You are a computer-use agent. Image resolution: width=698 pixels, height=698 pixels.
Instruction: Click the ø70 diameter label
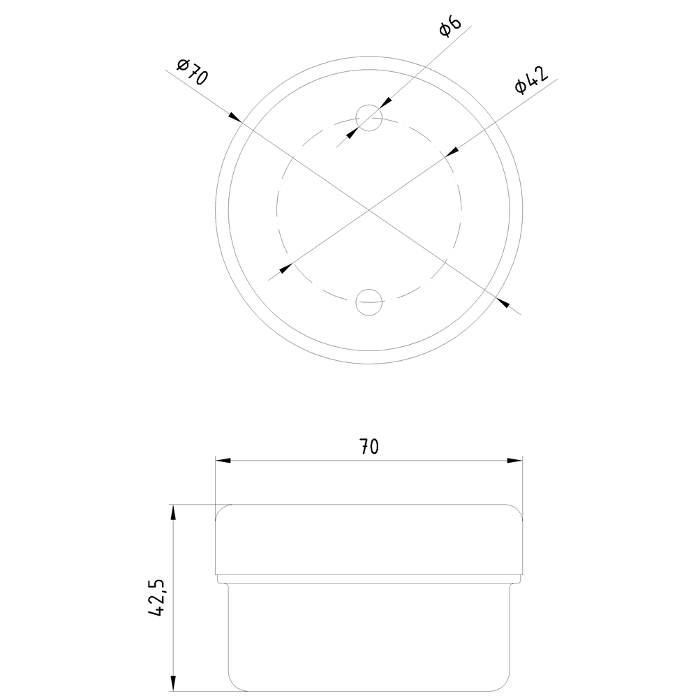[192, 71]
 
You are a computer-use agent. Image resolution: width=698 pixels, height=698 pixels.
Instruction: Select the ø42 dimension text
[531, 80]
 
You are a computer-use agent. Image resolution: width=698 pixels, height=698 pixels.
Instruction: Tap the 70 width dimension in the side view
[369, 446]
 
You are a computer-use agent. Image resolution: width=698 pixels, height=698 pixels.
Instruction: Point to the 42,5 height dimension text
[156, 597]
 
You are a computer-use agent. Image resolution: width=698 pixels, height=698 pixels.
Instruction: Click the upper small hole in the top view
[369, 118]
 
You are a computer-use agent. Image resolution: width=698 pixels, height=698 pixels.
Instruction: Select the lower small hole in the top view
[369, 302]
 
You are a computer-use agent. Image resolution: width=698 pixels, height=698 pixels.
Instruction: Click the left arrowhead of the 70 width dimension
[223, 460]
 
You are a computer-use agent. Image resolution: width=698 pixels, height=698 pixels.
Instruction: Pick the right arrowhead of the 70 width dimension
[514, 460]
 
